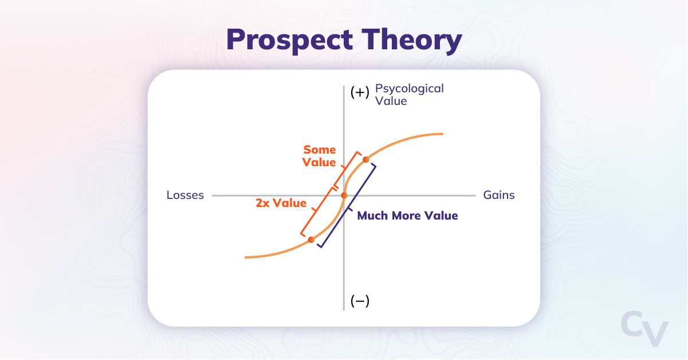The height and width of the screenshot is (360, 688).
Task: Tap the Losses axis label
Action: point(185,195)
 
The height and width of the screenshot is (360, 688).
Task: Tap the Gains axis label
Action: point(498,195)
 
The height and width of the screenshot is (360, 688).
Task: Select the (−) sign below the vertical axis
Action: point(359,301)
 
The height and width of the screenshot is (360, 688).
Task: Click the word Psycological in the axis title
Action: point(409,88)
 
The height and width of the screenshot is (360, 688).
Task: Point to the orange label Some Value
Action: point(320,156)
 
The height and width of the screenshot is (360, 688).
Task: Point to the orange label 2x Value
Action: point(281,203)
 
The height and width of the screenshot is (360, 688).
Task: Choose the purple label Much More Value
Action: point(407,216)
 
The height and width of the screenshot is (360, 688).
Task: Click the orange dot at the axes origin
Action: point(344,195)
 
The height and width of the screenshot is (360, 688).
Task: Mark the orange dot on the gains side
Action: point(366,159)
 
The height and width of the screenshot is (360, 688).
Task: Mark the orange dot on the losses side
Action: point(311,240)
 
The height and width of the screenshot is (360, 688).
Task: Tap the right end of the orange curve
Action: point(442,134)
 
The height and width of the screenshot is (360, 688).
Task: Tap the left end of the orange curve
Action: point(246,257)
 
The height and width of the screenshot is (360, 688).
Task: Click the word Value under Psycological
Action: point(391,101)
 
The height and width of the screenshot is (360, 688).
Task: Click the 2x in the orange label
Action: point(263,203)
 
